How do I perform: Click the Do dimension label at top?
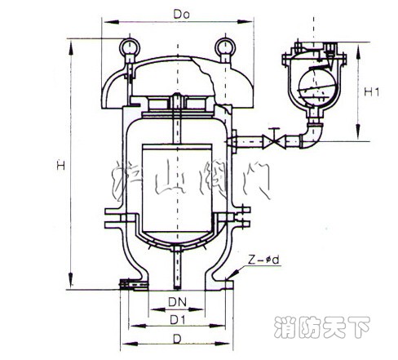click(x=175, y=14)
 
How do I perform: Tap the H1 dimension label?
click(x=371, y=92)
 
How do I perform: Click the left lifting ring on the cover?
click(x=127, y=51)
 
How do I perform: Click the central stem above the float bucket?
click(x=175, y=118)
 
